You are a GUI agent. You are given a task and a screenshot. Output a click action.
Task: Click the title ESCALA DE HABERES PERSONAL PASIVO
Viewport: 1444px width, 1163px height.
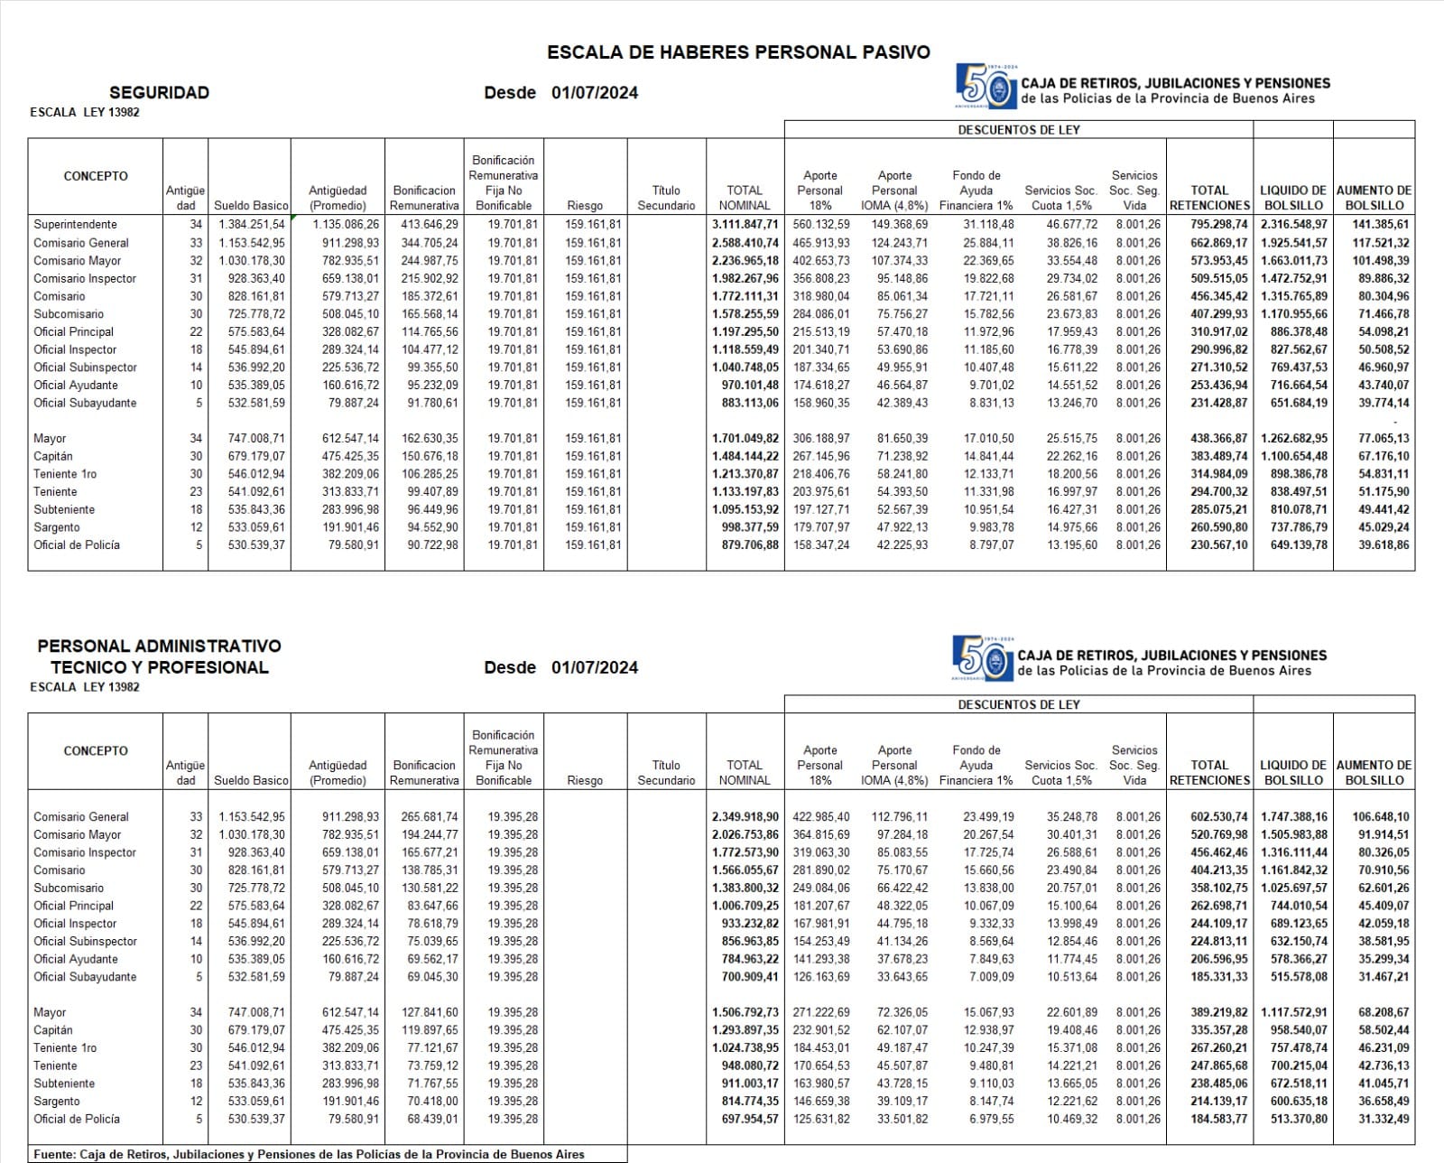click(x=738, y=52)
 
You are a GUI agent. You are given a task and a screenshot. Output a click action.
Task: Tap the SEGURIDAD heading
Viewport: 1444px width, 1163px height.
click(x=159, y=92)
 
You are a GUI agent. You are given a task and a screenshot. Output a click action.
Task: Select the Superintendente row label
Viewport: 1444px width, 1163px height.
click(x=75, y=224)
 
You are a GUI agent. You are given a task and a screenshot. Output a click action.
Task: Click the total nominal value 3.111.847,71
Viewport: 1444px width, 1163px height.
click(x=745, y=224)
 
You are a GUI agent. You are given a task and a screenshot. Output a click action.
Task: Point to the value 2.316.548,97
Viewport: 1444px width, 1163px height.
click(x=1293, y=224)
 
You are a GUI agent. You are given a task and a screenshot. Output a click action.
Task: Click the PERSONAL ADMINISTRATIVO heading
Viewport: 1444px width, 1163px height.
click(x=159, y=646)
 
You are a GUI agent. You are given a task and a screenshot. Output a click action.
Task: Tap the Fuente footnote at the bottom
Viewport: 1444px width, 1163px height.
click(x=309, y=1154)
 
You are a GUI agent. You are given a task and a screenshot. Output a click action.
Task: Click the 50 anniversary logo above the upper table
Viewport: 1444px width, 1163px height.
click(x=985, y=86)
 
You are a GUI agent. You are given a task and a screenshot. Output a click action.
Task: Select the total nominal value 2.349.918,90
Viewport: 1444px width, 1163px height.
click(x=745, y=816)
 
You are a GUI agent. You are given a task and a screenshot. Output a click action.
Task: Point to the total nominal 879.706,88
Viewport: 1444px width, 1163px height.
click(x=745, y=544)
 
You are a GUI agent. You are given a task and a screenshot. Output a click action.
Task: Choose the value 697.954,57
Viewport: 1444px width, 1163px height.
click(x=745, y=1119)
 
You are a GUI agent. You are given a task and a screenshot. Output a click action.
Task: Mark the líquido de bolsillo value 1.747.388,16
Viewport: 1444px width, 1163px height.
click(x=1293, y=816)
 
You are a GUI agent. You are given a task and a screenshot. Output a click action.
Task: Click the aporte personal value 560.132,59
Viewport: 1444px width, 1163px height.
click(x=821, y=224)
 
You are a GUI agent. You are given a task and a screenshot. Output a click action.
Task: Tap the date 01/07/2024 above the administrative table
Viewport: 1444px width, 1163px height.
click(x=595, y=667)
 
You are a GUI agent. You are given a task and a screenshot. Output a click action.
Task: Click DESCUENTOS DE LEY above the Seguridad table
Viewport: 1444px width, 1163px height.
click(x=1019, y=129)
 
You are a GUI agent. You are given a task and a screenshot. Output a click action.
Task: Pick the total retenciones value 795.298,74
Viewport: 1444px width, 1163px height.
click(x=1209, y=224)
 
